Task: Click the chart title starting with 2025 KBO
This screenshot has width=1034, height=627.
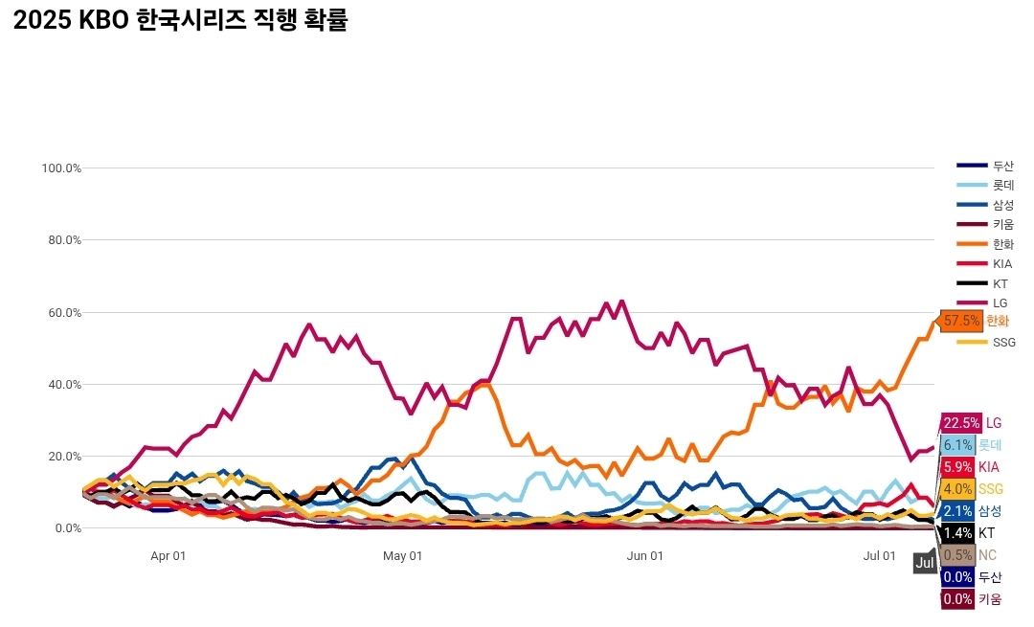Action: click(x=181, y=22)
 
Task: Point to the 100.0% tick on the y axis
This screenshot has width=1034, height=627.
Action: click(x=61, y=168)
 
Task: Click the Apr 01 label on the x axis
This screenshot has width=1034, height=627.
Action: click(x=169, y=556)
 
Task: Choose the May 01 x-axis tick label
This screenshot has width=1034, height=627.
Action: click(x=403, y=556)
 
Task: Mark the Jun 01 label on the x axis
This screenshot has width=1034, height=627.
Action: click(x=645, y=556)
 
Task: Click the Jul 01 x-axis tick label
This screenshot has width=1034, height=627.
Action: click(x=880, y=556)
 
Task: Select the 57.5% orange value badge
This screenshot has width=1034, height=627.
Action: click(x=962, y=321)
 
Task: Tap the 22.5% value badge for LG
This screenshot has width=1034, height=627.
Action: click(x=961, y=423)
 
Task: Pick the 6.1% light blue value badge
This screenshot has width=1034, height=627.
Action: click(x=957, y=445)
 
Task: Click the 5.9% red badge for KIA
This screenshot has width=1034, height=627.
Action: click(x=957, y=467)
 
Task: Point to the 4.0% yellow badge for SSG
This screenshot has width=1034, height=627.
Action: click(x=957, y=489)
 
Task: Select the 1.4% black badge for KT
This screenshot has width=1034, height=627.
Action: click(x=957, y=533)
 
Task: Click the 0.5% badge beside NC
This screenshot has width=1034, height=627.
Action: click(x=957, y=555)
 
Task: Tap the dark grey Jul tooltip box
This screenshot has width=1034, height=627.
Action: click(x=924, y=563)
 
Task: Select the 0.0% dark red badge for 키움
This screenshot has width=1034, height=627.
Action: click(x=957, y=599)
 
